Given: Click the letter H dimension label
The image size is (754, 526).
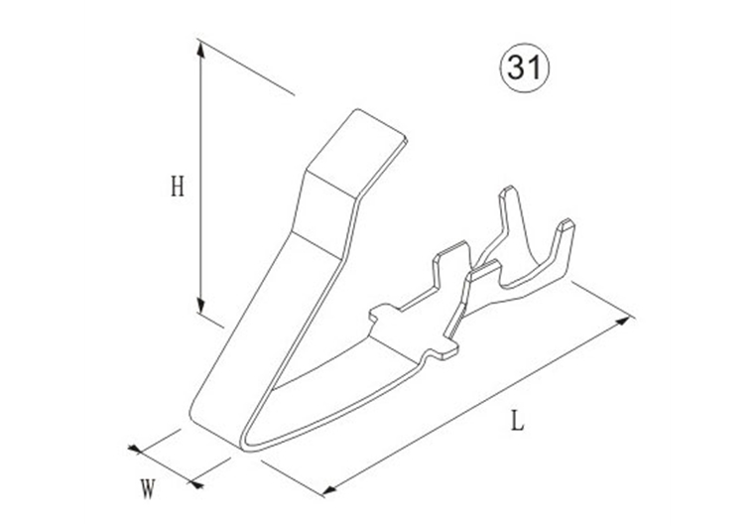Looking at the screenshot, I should (x=178, y=186).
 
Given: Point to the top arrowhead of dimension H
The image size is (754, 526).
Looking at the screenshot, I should (x=201, y=48).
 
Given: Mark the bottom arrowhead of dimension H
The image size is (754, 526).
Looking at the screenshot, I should (x=201, y=308).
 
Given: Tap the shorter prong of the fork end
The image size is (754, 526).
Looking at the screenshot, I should (x=564, y=238).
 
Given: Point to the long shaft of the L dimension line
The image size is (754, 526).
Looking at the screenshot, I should (x=476, y=405).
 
